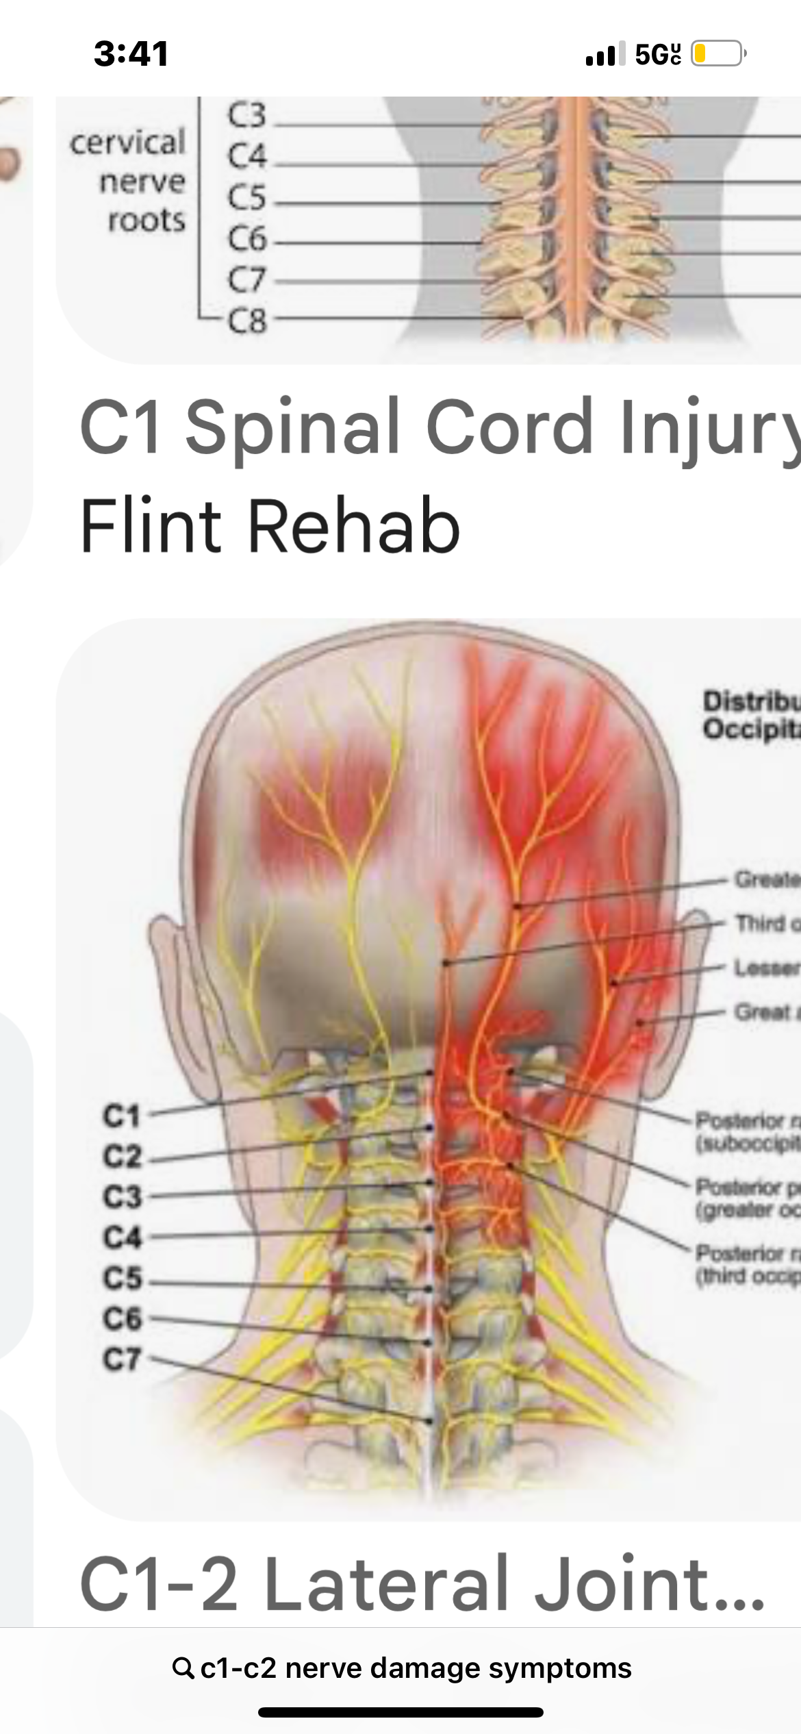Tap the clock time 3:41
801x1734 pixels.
click(x=131, y=54)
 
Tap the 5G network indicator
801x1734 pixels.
click(x=658, y=54)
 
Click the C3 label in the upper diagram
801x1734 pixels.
click(x=246, y=114)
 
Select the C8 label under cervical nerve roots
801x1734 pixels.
click(x=248, y=321)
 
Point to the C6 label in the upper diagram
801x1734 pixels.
click(x=246, y=238)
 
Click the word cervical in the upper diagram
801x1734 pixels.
click(x=128, y=142)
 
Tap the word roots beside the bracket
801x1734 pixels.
click(x=147, y=221)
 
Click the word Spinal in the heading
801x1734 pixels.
click(x=293, y=427)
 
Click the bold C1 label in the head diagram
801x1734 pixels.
click(x=122, y=1116)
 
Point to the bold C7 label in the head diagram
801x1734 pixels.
click(x=122, y=1359)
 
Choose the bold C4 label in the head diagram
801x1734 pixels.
click(x=122, y=1237)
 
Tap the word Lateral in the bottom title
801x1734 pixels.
click(x=386, y=1583)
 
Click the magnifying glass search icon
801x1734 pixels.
click(x=183, y=1668)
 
